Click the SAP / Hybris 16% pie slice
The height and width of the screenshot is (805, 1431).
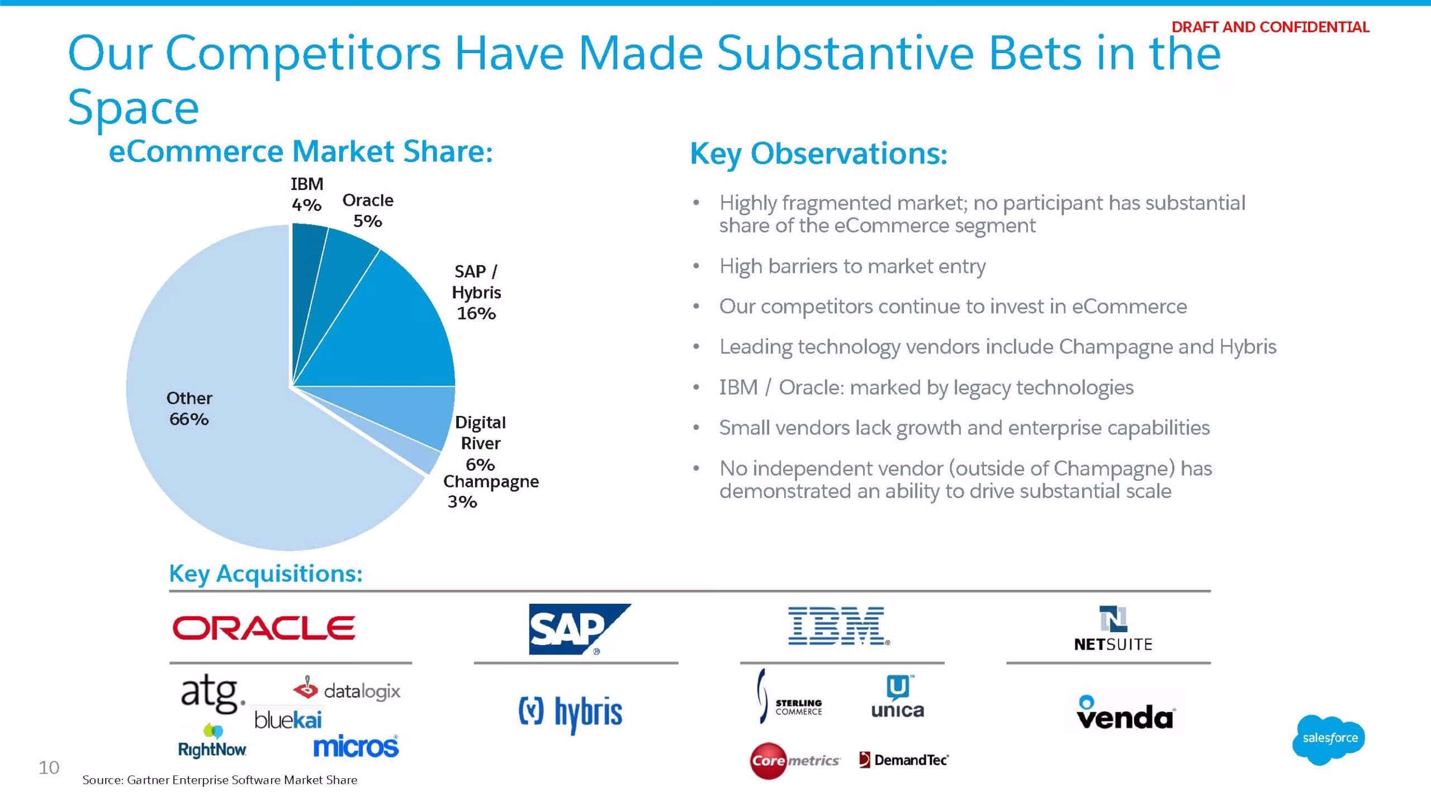[x=391, y=330]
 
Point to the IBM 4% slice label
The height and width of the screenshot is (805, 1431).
[x=307, y=194]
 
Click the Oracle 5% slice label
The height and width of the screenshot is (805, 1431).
[x=368, y=210]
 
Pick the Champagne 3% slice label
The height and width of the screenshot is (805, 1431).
[x=491, y=491]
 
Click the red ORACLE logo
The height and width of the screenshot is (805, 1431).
[x=263, y=628]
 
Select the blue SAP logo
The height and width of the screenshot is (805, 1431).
[x=580, y=629]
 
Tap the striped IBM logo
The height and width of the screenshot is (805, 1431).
[x=838, y=626]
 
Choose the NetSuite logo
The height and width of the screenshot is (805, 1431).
[x=1113, y=629]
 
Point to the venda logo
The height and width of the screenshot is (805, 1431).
[x=1125, y=713]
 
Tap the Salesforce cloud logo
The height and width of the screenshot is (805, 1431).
[x=1329, y=739]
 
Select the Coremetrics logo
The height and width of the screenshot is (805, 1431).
[x=794, y=760]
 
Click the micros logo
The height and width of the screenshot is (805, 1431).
[x=356, y=746]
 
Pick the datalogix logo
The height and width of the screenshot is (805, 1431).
[x=347, y=690]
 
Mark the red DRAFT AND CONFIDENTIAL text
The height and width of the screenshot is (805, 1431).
[x=1270, y=27]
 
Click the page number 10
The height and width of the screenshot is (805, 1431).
[x=49, y=768]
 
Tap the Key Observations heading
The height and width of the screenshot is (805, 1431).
[x=819, y=153]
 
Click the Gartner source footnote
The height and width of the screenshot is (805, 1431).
[x=220, y=780]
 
